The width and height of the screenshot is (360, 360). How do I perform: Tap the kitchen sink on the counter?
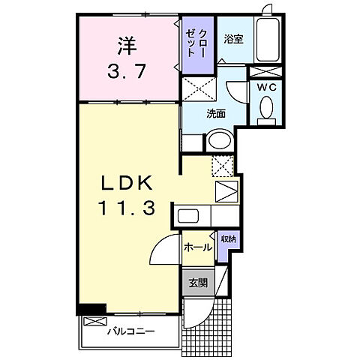[187, 217]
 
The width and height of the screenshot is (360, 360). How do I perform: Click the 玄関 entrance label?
[197, 283]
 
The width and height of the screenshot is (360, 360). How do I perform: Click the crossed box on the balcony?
[91, 322]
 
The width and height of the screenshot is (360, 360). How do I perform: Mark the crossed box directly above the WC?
[265, 71]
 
